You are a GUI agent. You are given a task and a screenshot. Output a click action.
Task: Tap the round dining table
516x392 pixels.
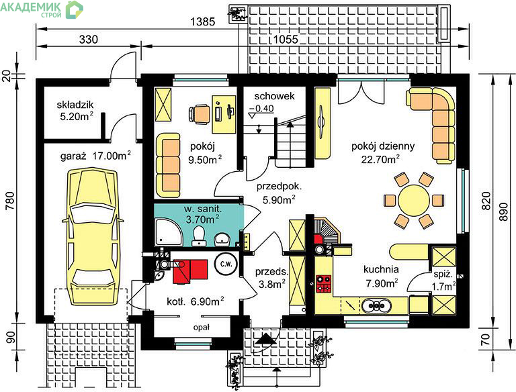(414, 200)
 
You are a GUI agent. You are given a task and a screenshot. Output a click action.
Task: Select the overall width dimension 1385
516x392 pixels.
(203, 21)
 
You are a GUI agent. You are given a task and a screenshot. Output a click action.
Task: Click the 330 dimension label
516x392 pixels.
(89, 40)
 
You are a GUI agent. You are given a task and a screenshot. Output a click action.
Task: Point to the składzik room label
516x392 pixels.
(75, 105)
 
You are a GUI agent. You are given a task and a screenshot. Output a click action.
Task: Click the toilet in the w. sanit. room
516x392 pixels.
(198, 236)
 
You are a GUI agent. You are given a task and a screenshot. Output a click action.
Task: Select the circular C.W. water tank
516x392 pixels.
(226, 264)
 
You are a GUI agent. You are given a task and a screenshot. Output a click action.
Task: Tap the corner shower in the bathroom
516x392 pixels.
(168, 232)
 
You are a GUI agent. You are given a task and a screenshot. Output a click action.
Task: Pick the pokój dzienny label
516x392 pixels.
(383, 146)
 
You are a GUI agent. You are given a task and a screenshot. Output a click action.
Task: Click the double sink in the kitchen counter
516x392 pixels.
(376, 305)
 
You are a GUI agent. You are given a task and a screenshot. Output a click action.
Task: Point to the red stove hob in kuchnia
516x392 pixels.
(323, 284)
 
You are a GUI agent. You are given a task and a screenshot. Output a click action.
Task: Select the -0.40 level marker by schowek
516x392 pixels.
(261, 110)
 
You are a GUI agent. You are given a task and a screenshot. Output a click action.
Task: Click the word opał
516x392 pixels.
(202, 327)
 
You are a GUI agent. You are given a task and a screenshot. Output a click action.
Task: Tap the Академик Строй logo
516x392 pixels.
(42, 9)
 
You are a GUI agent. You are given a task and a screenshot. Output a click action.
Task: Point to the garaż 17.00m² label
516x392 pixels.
(95, 156)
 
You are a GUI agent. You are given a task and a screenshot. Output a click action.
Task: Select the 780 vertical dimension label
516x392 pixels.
(10, 201)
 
